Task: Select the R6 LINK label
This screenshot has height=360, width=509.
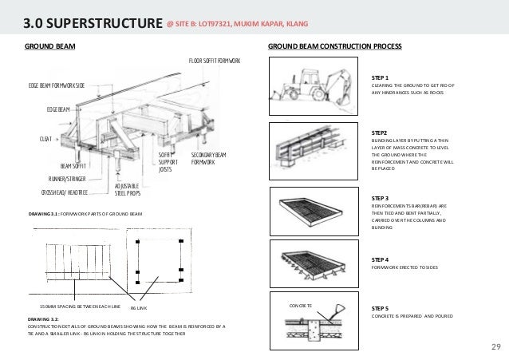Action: pyautogui.click(x=138, y=307)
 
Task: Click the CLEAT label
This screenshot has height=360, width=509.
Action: pyautogui.click(x=46, y=139)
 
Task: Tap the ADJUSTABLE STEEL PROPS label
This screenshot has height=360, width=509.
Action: pyautogui.click(x=128, y=188)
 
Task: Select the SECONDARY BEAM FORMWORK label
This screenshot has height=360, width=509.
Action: pyautogui.click(x=210, y=158)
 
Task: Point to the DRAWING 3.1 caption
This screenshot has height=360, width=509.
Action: pyautogui.click(x=85, y=215)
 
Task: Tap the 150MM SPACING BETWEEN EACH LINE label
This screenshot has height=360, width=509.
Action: pyautogui.click(x=80, y=307)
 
